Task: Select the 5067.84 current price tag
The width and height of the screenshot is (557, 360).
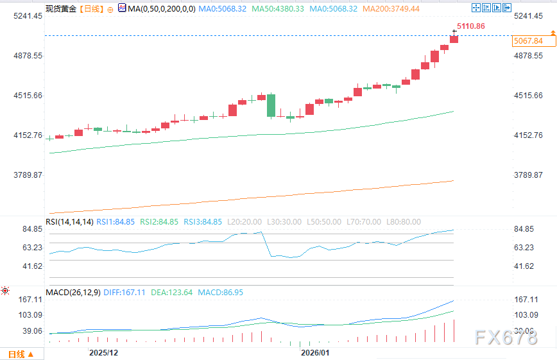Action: coord(528,41)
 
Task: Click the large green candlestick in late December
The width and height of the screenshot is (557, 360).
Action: coord(271,105)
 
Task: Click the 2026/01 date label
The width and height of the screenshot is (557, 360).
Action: coord(314,353)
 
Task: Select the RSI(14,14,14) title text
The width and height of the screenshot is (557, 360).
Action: coord(69,222)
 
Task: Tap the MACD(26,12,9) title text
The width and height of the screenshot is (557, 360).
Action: coord(73,293)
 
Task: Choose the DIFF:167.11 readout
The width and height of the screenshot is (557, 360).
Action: coord(126,293)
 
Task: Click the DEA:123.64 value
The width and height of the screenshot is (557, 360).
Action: coord(171,293)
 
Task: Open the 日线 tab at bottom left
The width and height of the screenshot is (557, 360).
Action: coord(17,354)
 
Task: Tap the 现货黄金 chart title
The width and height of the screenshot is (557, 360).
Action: coord(61,9)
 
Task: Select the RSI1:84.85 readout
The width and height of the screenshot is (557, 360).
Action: coord(116,222)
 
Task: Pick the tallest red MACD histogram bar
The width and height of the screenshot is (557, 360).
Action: coord(454,330)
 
